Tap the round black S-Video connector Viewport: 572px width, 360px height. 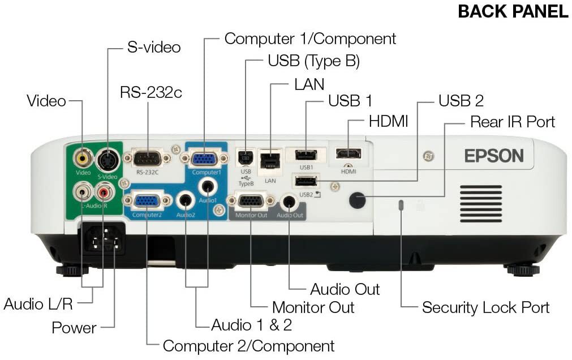(x=106, y=161)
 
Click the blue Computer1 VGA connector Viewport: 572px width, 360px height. (x=203, y=158)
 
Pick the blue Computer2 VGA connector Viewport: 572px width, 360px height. (x=147, y=200)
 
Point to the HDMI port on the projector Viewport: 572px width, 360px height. (x=349, y=153)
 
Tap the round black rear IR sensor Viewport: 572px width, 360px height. (x=356, y=199)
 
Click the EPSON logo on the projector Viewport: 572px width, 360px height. (x=494, y=155)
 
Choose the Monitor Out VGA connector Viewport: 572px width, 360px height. (x=250, y=200)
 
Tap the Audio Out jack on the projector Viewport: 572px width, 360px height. (x=289, y=201)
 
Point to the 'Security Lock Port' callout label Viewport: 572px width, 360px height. (x=485, y=308)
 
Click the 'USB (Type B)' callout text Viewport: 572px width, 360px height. (x=313, y=61)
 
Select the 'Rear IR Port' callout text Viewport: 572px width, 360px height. (x=512, y=122)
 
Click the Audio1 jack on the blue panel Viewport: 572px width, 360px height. (x=208, y=185)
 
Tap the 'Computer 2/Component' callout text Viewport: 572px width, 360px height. (x=248, y=345)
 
